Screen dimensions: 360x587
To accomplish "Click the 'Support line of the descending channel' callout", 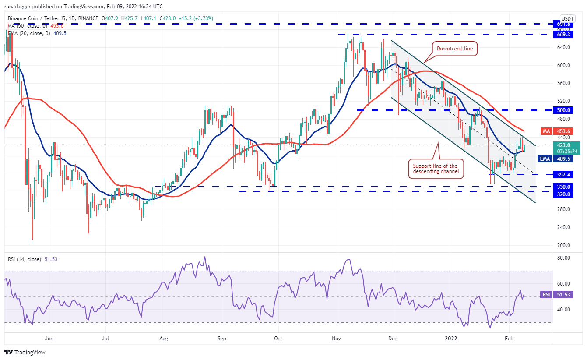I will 435,169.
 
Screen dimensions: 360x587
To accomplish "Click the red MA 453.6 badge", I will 561,131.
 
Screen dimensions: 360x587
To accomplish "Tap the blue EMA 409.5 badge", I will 561,159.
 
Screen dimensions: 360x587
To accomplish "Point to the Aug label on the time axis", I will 164,338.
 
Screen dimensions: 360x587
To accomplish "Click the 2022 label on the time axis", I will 451,338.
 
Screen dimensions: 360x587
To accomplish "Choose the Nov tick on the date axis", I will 336,338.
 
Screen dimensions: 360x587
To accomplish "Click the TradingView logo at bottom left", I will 25,352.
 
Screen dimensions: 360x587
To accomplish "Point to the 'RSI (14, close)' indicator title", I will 25,259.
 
